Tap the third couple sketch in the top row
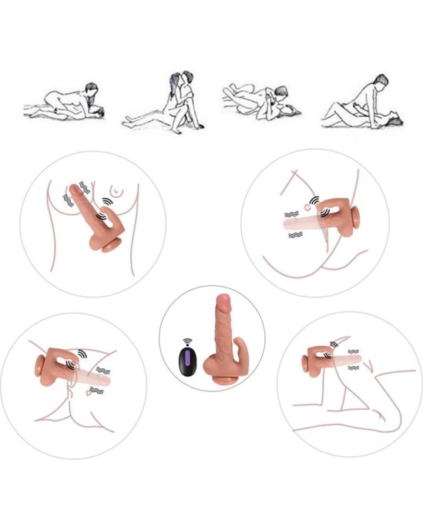pos(259,99)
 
